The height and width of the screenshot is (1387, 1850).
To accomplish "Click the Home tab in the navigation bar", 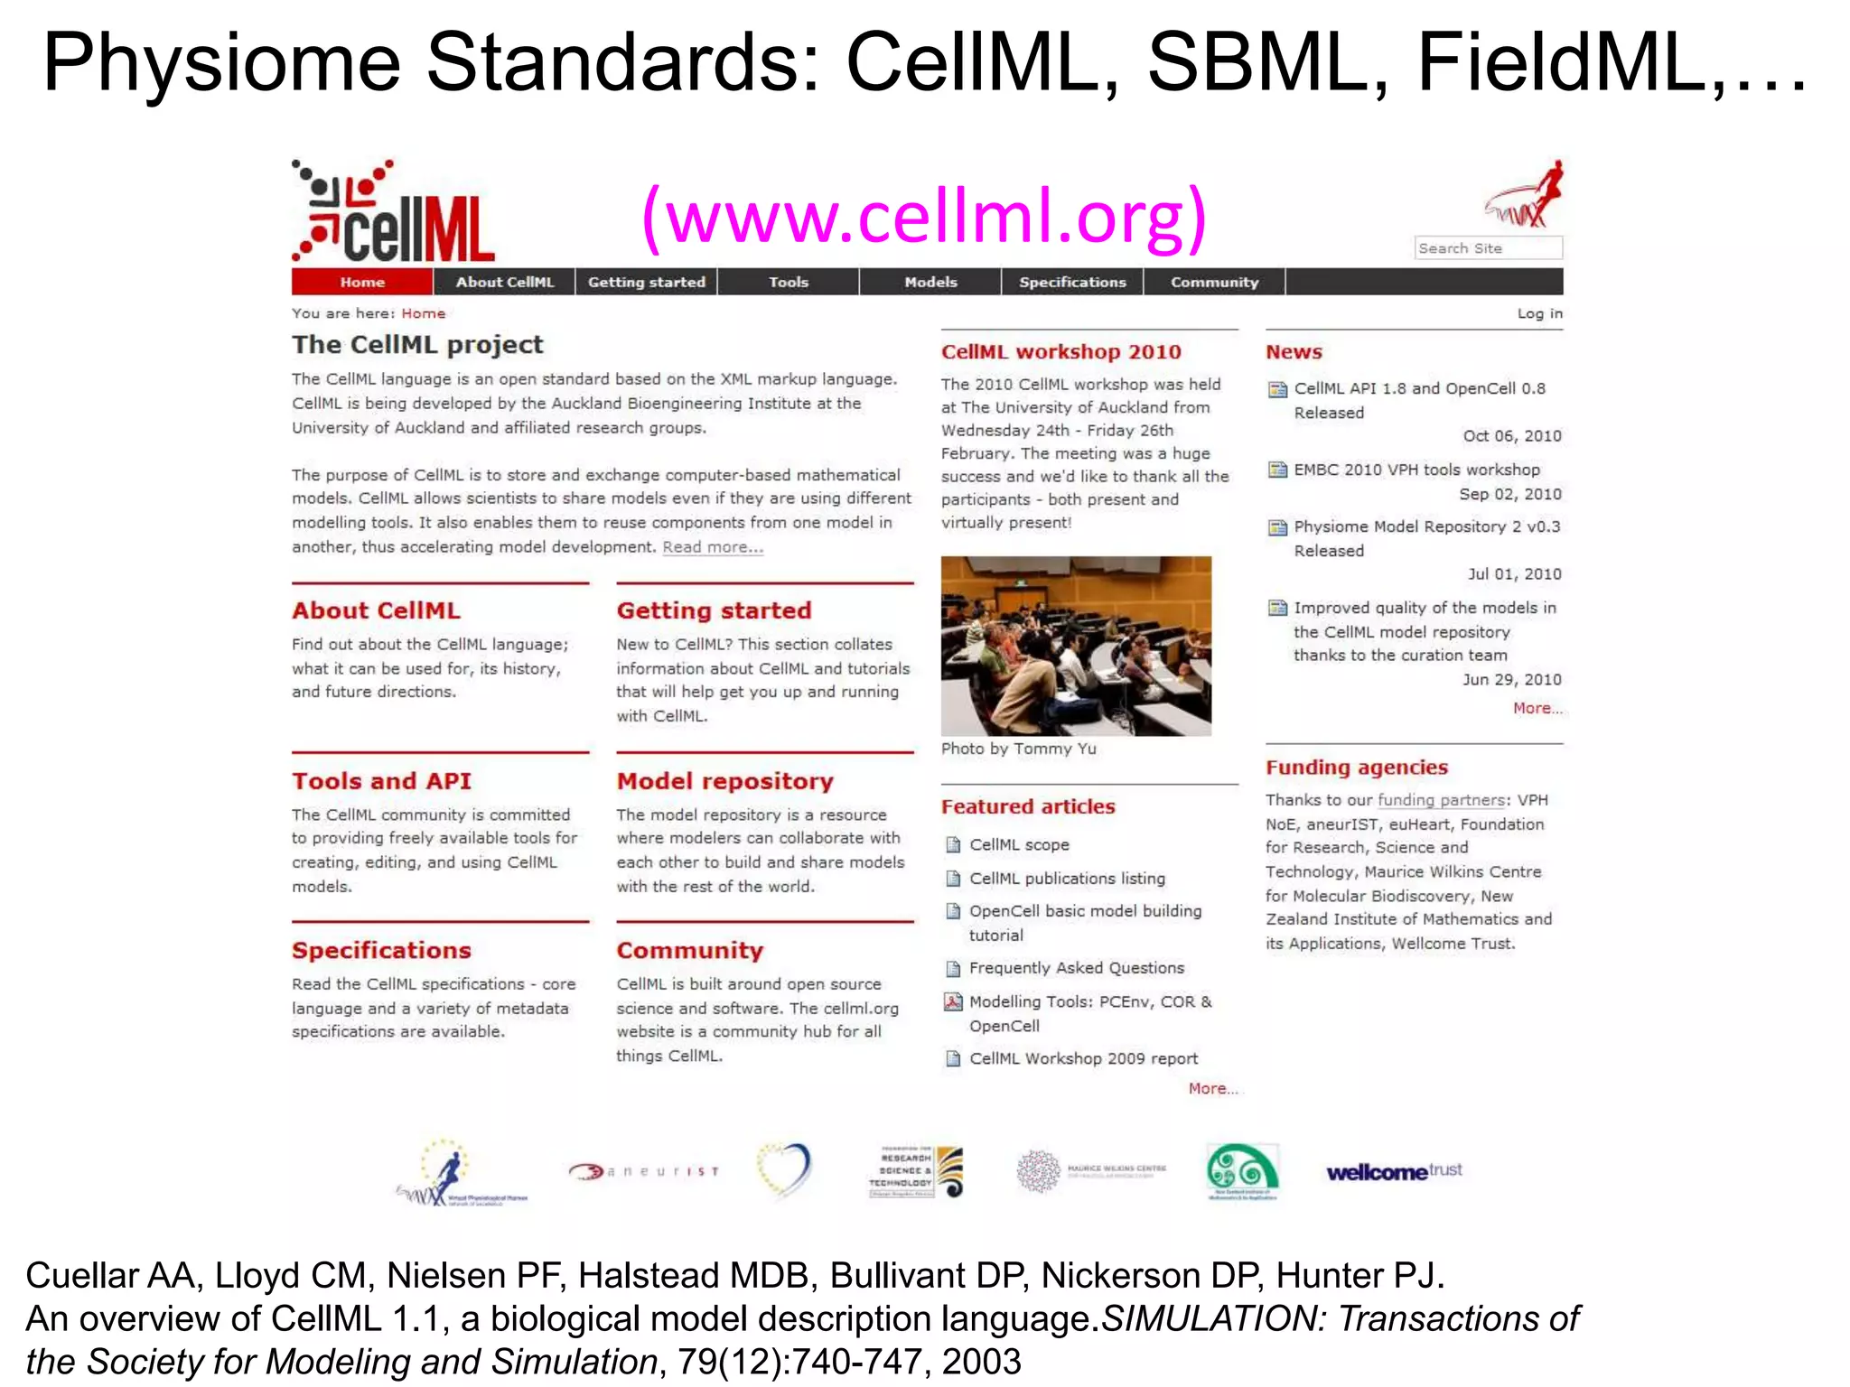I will pyautogui.click(x=362, y=282).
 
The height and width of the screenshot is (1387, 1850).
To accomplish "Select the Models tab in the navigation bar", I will pyautogui.click(x=930, y=282).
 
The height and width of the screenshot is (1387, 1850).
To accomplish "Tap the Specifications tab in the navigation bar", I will pyautogui.click(x=1072, y=282).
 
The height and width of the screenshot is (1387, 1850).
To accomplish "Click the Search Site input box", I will pyautogui.click(x=1488, y=248).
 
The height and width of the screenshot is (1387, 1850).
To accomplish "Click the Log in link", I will pyautogui.click(x=1539, y=313).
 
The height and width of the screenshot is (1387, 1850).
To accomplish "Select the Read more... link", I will pyautogui.click(x=713, y=547).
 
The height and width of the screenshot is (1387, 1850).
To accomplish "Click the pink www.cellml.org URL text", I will pyautogui.click(x=924, y=217).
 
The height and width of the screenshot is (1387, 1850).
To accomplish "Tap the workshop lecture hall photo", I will pyautogui.click(x=1076, y=646).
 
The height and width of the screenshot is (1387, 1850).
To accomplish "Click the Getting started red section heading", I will pyautogui.click(x=714, y=610).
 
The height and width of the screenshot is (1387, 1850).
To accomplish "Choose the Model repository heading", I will pyautogui.click(x=724, y=781).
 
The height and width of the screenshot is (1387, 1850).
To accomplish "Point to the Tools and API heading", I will pyautogui.click(x=381, y=781).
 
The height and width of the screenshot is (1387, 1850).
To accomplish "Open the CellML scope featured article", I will pyautogui.click(x=1019, y=845).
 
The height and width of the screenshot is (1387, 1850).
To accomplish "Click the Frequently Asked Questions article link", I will pyautogui.click(x=1076, y=968).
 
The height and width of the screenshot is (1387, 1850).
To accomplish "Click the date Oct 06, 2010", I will pyautogui.click(x=1511, y=436).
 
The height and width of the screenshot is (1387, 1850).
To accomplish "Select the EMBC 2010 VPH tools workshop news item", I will pyautogui.click(x=1416, y=470).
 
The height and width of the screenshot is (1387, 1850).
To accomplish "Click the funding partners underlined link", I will pyautogui.click(x=1441, y=800).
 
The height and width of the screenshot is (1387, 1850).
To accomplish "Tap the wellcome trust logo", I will pyautogui.click(x=1394, y=1172).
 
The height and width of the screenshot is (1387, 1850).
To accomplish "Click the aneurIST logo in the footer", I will pyautogui.click(x=644, y=1171).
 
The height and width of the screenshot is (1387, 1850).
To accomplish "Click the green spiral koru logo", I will pyautogui.click(x=1242, y=1170).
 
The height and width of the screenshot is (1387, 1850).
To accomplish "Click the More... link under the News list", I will pyautogui.click(x=1537, y=709).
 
